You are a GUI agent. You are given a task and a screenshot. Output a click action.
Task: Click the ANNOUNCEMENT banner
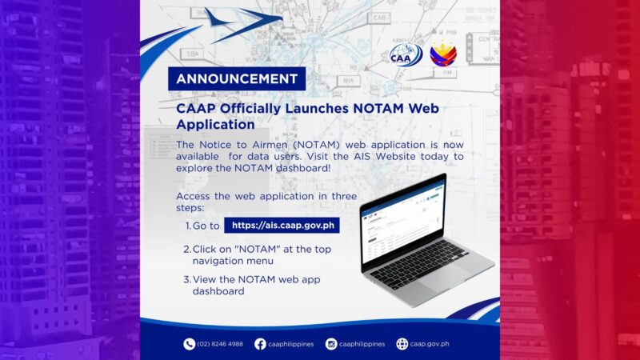click(237, 79)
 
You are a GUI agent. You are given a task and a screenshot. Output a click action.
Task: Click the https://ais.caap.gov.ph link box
click(281, 226)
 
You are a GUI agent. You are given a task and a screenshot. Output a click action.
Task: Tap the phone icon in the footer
click(190, 344)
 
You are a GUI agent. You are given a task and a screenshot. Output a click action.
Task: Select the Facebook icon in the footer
click(260, 344)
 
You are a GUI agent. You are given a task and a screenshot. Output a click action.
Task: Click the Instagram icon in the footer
click(331, 344)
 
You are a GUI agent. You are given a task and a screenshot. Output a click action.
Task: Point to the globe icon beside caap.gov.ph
click(402, 344)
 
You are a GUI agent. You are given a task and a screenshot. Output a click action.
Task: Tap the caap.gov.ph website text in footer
click(430, 344)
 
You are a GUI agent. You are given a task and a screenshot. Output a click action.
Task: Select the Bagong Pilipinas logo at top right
click(444, 54)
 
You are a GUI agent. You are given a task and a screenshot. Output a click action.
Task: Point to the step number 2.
click(186, 250)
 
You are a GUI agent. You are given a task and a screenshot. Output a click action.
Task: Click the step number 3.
click(186, 279)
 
